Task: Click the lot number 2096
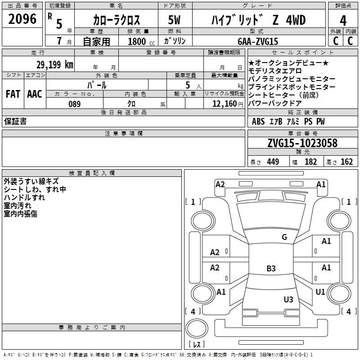coord(22,19)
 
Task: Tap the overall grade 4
coord(343,21)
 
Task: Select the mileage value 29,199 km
coord(54,65)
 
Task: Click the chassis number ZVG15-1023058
coord(302,143)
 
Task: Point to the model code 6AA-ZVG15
coord(258,41)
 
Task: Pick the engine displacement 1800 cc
coord(141,41)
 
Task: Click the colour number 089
coord(75,104)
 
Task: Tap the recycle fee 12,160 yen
coord(228,104)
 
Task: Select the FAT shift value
coord(13,94)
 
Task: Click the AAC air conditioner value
coord(35,94)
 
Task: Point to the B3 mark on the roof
coord(271,268)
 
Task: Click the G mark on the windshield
coord(284,237)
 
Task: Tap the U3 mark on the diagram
coord(288,299)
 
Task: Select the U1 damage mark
coord(320,292)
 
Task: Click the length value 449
coord(273,162)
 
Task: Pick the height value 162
coord(346,162)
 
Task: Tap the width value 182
coord(310,162)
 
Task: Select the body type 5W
coord(174,20)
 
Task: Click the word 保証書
coord(15,121)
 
